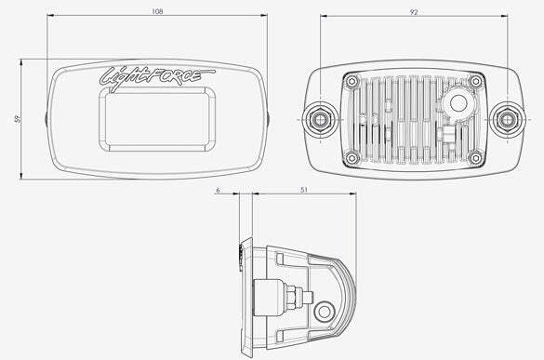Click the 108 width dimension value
157,11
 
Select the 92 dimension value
414,12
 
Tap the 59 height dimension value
18,118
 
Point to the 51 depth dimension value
304,190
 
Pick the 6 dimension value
218,190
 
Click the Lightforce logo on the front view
157,77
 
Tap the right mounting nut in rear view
507,119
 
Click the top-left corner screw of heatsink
352,82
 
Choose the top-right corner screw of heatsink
476,82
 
